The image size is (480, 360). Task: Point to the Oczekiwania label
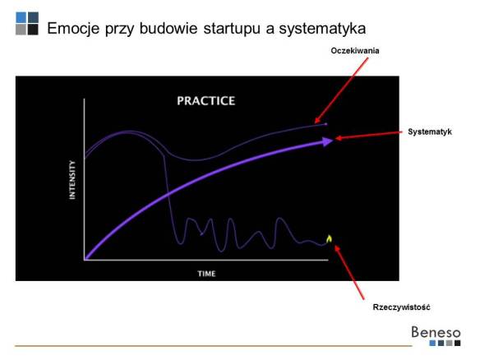click(x=354, y=51)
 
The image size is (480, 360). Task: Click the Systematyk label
click(x=430, y=132)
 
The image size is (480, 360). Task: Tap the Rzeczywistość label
click(x=401, y=307)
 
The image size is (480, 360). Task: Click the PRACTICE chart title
click(x=205, y=101)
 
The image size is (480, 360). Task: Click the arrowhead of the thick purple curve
click(x=327, y=141)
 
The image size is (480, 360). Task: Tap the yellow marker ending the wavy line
click(x=330, y=239)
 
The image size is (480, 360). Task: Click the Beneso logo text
click(x=436, y=333)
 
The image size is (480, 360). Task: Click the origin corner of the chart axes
click(x=85, y=260)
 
